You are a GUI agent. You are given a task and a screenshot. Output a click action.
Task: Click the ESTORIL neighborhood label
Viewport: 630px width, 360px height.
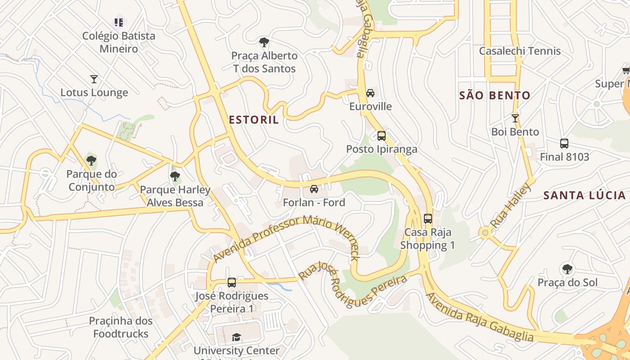[254, 120]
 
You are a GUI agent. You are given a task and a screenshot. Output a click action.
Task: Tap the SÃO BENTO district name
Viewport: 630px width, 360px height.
[495, 95]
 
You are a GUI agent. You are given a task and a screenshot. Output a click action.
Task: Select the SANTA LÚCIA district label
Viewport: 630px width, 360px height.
[584, 195]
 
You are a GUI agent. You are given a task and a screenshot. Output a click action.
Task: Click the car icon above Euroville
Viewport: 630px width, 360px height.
[370, 93]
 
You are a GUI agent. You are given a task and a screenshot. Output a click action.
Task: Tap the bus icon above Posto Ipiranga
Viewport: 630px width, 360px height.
[382, 135]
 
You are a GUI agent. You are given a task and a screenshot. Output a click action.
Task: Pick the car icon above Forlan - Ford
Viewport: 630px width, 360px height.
[314, 189]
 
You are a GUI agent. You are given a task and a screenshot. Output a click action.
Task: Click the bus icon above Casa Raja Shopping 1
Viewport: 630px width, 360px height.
[427, 219]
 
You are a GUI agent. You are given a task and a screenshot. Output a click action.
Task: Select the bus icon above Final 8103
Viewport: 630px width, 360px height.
[564, 144]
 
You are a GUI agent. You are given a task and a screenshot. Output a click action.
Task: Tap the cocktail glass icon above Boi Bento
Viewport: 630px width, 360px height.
[515, 118]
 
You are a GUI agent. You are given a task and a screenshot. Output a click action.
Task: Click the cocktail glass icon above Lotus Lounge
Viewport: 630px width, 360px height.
[94, 79]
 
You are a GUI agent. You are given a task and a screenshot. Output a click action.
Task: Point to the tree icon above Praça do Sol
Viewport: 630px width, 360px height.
[567, 269]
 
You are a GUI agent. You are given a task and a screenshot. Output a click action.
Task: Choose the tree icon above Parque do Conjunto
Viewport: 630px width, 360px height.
[91, 160]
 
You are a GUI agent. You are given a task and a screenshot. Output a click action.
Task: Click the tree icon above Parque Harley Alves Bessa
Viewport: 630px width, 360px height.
[175, 176]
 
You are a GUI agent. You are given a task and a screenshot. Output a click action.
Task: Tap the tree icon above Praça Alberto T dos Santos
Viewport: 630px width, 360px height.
[264, 42]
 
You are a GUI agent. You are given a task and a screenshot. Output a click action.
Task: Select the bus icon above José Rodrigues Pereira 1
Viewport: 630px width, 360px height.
[232, 283]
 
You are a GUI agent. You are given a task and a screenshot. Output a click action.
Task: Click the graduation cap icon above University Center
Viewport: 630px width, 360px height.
[236, 337]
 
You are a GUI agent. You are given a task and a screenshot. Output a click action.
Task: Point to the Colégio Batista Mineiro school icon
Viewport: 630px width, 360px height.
[119, 22]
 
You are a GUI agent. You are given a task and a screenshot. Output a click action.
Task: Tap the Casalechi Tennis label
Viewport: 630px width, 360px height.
[520, 51]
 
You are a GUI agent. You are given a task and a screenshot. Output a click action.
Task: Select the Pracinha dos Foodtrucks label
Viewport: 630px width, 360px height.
[121, 327]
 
